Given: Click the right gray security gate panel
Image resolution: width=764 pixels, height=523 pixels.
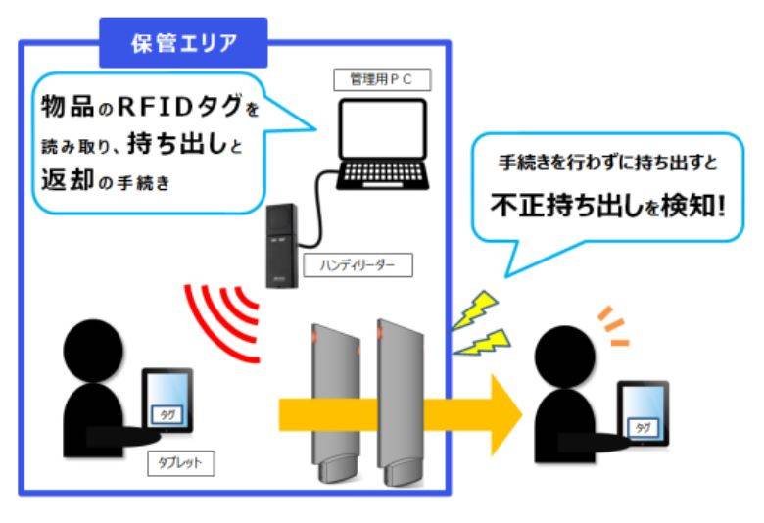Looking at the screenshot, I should pos(403,392).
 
